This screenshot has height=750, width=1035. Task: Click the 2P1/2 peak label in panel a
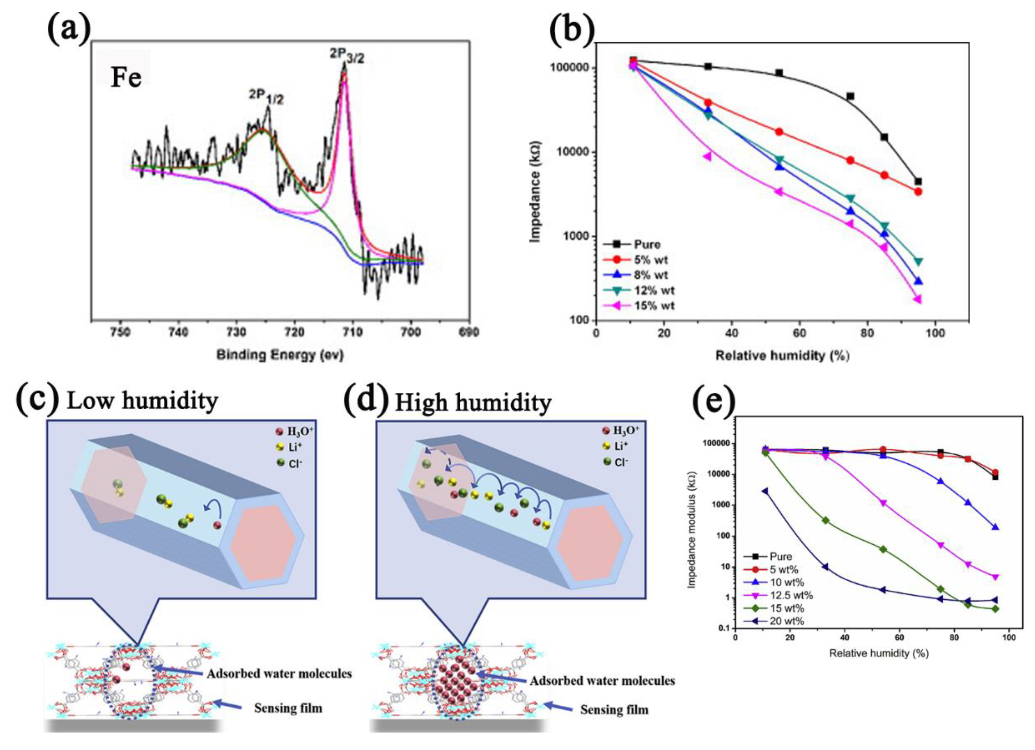click(x=266, y=96)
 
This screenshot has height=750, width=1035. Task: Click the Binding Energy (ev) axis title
click(x=280, y=355)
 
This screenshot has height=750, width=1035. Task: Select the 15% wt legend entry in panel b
click(x=654, y=305)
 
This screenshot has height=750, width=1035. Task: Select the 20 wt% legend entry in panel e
click(x=787, y=621)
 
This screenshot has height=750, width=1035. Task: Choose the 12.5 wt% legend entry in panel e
click(x=791, y=595)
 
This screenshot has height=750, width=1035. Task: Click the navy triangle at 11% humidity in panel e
click(x=765, y=491)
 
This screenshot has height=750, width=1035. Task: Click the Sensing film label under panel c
click(x=288, y=708)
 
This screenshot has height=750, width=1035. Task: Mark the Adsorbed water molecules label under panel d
click(x=602, y=681)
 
